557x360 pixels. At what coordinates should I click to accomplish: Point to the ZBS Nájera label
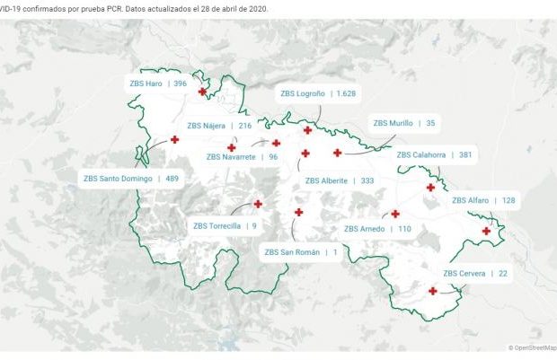(219, 126)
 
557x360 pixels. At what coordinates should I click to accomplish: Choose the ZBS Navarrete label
(242, 156)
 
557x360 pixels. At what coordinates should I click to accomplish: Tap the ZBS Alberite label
(340, 180)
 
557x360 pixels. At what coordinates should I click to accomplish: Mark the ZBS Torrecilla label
(225, 226)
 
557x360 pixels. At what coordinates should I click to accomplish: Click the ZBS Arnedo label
(377, 229)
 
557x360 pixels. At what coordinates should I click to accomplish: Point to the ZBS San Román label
(301, 252)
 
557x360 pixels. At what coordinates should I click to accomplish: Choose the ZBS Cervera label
(475, 273)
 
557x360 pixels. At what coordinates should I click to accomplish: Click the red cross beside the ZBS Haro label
(202, 92)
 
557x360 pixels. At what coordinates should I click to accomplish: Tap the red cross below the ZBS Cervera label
(433, 290)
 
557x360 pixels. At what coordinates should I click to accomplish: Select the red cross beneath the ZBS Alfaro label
(486, 232)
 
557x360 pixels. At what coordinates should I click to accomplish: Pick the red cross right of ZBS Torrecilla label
(258, 204)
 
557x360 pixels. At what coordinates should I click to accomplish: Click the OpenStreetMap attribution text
(532, 347)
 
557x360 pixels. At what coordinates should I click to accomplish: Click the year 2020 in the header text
(257, 7)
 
